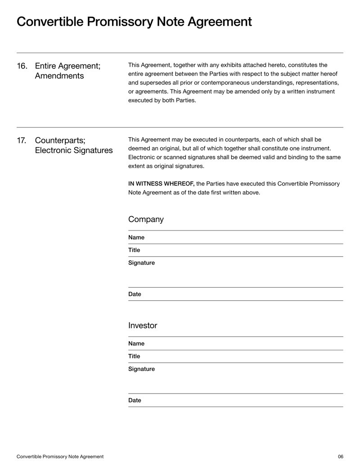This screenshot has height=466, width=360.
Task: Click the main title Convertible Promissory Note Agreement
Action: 134,22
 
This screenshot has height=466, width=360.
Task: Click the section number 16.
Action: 22,66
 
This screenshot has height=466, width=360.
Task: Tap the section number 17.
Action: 22,140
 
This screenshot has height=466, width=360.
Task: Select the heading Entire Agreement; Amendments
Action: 67,71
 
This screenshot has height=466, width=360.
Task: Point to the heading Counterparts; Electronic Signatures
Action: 73,145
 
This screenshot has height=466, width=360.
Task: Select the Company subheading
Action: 145,220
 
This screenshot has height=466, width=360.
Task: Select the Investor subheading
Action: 143,325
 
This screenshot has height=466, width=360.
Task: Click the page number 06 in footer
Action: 340,457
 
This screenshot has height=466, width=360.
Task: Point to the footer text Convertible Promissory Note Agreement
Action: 60,457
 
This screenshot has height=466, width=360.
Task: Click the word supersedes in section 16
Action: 151,83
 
